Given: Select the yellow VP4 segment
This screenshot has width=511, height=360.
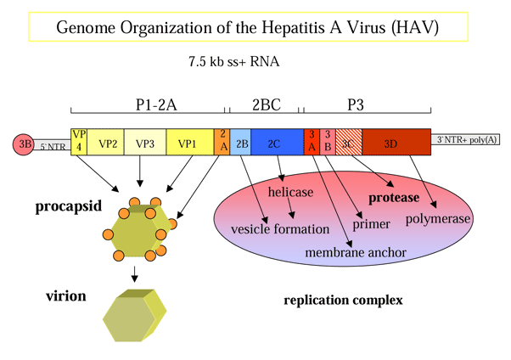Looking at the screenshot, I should click(79, 142).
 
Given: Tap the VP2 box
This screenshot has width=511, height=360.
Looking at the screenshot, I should click(107, 143).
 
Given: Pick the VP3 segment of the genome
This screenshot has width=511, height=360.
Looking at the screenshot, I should click(145, 143).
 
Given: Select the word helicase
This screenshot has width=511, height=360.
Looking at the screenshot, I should click(291, 193).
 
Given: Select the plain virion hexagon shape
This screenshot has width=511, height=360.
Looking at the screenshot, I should click(135, 314).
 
